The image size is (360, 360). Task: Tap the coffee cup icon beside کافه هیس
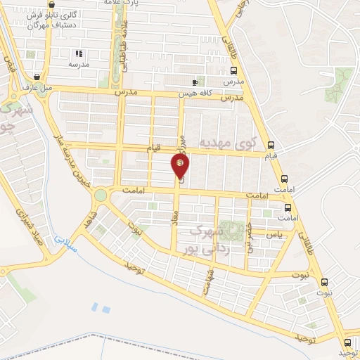pos(195,82)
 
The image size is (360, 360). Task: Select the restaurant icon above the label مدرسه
pos(79,53)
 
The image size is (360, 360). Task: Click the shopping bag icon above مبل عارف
pos(37,77)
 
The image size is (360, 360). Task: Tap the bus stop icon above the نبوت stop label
pos(323,282)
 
